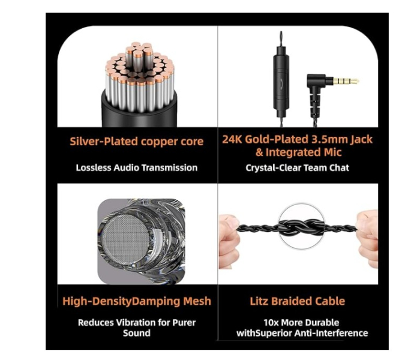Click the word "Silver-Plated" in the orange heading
click(x=104, y=142)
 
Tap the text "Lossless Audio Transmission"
click(x=137, y=167)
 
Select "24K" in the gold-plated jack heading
click(x=232, y=139)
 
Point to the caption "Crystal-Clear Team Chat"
click(x=298, y=167)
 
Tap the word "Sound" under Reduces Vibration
click(x=137, y=333)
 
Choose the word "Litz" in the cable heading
click(x=259, y=301)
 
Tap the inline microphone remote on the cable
click(x=281, y=79)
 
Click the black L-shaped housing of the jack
click(x=316, y=86)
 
